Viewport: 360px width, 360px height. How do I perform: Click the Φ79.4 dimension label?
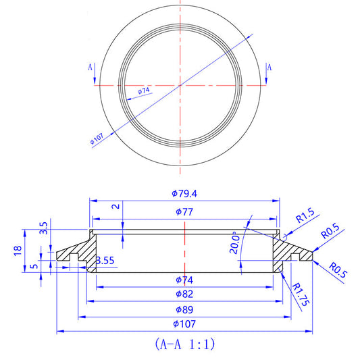click(184, 194)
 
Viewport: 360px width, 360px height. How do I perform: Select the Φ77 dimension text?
click(184, 212)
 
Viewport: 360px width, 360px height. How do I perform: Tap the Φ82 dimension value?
click(184, 294)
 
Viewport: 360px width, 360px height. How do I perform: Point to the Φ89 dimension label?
click(184, 309)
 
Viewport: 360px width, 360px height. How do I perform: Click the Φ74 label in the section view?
click(184, 279)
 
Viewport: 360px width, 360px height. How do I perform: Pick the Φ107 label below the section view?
click(184, 325)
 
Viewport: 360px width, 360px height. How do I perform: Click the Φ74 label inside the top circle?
click(143, 91)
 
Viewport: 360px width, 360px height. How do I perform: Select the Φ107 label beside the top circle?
click(97, 139)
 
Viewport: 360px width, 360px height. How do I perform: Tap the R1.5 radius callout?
click(307, 217)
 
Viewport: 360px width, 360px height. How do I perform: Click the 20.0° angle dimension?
click(236, 241)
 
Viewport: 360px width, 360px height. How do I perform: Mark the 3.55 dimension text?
click(105, 260)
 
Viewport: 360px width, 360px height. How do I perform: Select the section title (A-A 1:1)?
click(184, 344)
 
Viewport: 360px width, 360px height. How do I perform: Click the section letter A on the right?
click(269, 68)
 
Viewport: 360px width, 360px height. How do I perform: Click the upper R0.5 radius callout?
click(330, 233)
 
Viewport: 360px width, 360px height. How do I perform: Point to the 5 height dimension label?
click(34, 265)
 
